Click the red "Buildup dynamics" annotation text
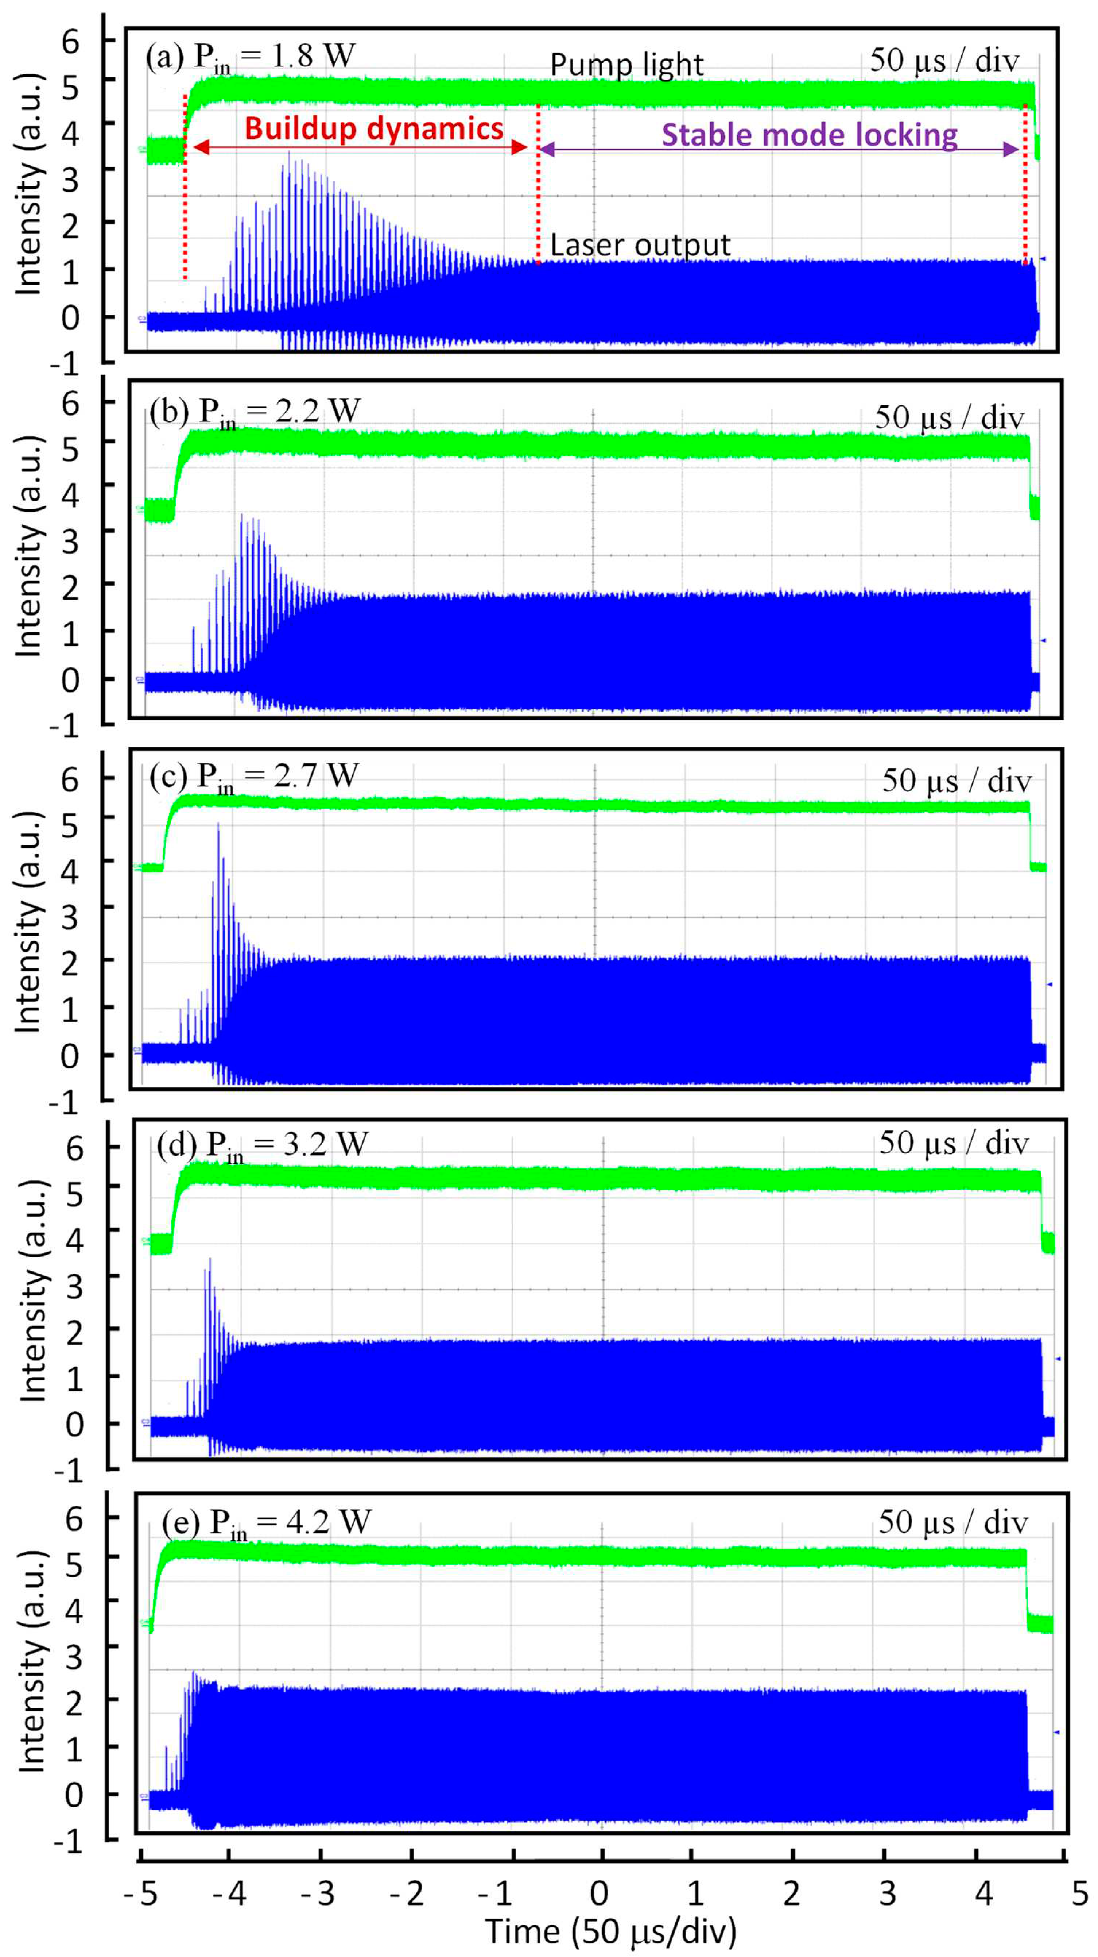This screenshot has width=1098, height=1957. click(373, 128)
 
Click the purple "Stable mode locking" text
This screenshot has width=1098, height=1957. click(810, 135)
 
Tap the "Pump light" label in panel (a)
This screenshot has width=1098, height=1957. click(626, 65)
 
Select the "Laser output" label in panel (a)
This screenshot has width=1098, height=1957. click(639, 245)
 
